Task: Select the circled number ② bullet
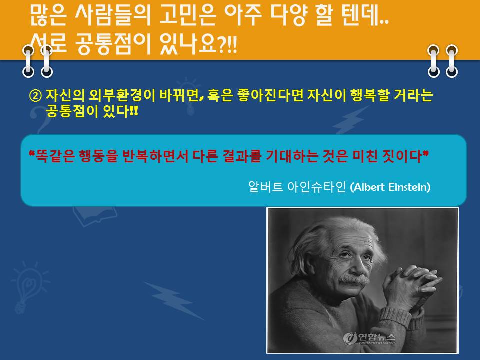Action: (x=35, y=96)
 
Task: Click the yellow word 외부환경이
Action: (x=122, y=95)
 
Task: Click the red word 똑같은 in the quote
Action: (x=55, y=156)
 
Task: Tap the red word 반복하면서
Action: (x=155, y=156)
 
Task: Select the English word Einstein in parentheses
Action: (x=409, y=187)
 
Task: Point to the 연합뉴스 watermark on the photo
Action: (x=369, y=338)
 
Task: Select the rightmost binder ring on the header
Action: (x=452, y=61)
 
